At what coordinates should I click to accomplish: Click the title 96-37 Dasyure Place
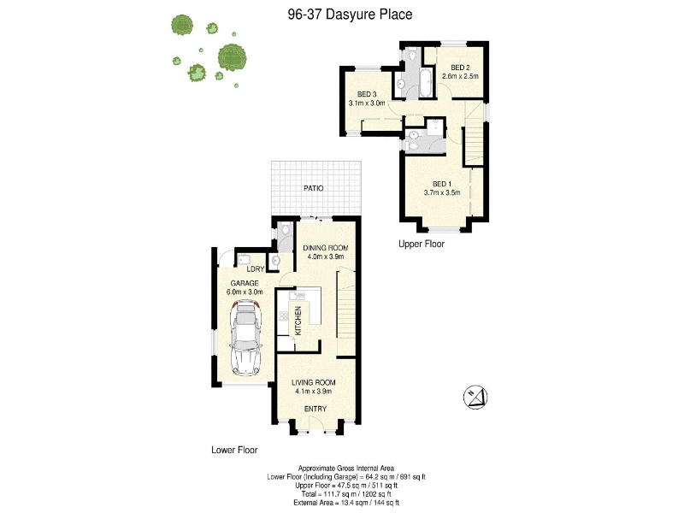(350, 15)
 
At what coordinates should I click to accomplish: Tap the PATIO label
(314, 188)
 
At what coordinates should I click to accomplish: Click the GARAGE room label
(245, 283)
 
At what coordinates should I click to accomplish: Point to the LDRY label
(256, 269)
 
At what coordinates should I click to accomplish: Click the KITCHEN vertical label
(298, 321)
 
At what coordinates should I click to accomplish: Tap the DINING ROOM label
(326, 248)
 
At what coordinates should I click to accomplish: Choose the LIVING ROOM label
(314, 382)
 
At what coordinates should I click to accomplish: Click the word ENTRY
(315, 409)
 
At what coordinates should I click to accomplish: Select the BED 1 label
(442, 184)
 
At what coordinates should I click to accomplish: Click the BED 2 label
(460, 68)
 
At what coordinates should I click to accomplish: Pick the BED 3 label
(367, 94)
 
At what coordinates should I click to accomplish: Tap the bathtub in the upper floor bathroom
(425, 82)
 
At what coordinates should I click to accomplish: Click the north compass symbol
(475, 397)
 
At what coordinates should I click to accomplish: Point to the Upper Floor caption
(422, 244)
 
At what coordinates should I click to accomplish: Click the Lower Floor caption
(234, 450)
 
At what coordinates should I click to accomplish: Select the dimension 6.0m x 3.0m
(245, 292)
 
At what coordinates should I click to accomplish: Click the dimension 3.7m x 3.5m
(442, 192)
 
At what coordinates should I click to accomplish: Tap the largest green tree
(232, 57)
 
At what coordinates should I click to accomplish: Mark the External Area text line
(346, 503)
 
